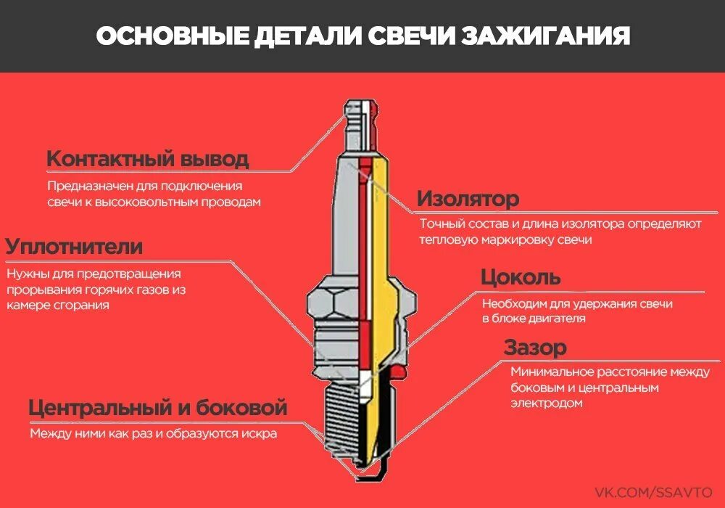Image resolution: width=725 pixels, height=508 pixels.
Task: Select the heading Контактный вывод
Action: coord(147,159)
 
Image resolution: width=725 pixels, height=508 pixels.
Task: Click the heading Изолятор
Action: coord(468,199)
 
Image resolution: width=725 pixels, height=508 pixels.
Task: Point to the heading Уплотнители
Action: coord(74,247)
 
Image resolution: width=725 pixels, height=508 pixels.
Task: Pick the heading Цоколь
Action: coord(521,278)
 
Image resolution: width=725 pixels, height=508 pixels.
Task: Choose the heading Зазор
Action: coord(535,348)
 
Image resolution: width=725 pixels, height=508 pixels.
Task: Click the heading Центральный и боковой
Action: coord(158,408)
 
